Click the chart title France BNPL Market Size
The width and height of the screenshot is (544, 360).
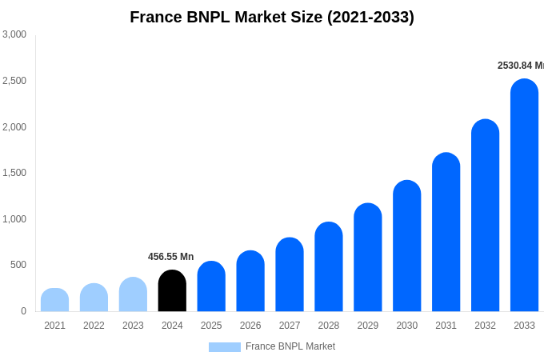click(x=272, y=17)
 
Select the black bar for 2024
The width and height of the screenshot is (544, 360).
click(x=172, y=291)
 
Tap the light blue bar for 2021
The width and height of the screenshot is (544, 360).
click(x=54, y=300)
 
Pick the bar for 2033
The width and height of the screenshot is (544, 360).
click(x=524, y=196)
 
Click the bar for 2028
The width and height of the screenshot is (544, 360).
click(x=328, y=267)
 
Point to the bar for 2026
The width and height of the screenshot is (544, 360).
click(x=250, y=282)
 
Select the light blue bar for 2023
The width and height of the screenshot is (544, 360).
click(x=133, y=294)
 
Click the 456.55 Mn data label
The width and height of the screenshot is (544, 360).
click(x=170, y=257)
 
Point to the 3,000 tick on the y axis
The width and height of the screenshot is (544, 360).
click(x=14, y=34)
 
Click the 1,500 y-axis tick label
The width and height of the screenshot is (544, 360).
click(x=14, y=173)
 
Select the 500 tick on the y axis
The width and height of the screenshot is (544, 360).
click(x=18, y=265)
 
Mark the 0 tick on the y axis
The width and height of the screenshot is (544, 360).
click(x=23, y=311)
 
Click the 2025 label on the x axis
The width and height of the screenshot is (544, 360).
click(x=211, y=326)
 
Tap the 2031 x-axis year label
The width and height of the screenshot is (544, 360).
click(x=446, y=326)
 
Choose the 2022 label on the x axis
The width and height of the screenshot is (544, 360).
click(x=94, y=326)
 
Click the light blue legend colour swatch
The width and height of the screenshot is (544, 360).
click(x=224, y=347)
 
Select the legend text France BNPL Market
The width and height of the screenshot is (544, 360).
click(x=290, y=346)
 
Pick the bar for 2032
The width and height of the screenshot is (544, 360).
click(x=485, y=216)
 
